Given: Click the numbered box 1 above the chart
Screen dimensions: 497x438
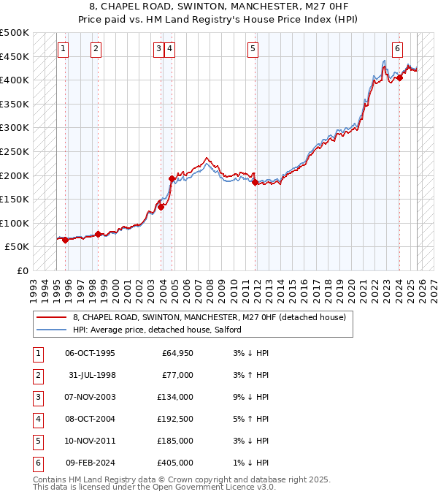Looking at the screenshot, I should (64, 49).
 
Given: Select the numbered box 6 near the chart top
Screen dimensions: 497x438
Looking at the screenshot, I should (397, 49).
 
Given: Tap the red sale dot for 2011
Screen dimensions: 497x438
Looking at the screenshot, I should (255, 183).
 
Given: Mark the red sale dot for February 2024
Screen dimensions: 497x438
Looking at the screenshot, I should (400, 78).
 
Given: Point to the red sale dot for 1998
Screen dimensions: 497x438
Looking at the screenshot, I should (98, 234).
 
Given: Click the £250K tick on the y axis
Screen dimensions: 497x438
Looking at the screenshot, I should (15, 151).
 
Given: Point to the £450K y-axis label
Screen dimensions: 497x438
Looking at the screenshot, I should (15, 56).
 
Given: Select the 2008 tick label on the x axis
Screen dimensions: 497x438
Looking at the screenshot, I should (210, 286).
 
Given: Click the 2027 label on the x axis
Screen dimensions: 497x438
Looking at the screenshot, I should (434, 286).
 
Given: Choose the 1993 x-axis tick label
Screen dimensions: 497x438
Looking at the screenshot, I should (34, 286).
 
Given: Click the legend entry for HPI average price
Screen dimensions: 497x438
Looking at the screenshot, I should (157, 330).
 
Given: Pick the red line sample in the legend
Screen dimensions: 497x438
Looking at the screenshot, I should (51, 317).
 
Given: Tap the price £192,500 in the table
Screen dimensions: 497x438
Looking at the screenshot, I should (175, 420).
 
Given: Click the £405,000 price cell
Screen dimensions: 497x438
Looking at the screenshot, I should (175, 463).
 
